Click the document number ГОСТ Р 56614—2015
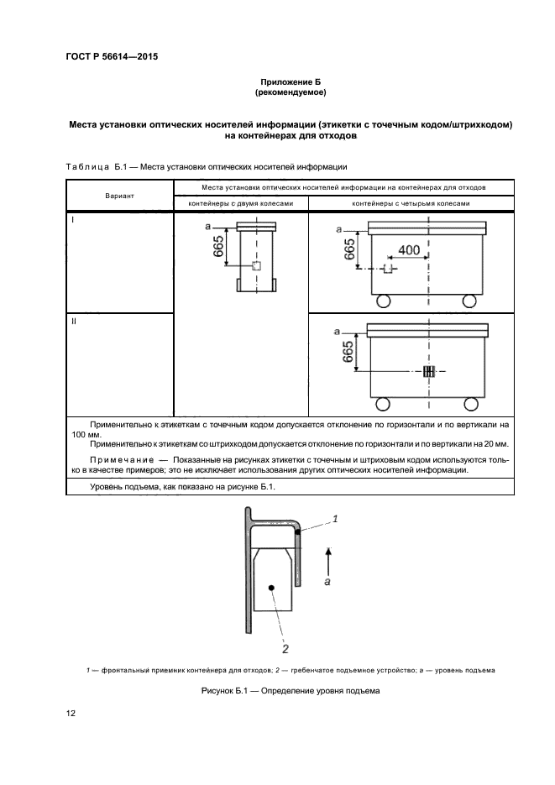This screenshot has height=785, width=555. pyautogui.click(x=112, y=57)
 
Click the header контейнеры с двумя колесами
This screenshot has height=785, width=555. pyautogui.click(x=241, y=203)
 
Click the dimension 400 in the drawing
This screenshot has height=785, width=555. pyautogui.click(x=409, y=250)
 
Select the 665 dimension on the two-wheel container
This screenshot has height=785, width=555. pyautogui.click(x=219, y=246)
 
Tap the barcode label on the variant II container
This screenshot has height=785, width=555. pyautogui.click(x=428, y=371)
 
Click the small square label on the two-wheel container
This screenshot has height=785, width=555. pyautogui.click(x=257, y=266)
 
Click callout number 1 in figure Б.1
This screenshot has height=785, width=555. pyautogui.click(x=336, y=520)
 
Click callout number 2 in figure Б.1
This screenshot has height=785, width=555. pyautogui.click(x=285, y=648)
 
